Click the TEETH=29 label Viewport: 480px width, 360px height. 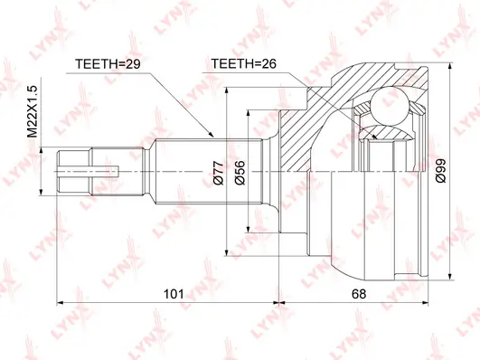point(108,63)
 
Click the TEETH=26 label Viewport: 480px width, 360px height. point(244,63)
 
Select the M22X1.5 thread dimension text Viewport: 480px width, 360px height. point(33,111)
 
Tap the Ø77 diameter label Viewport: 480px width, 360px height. point(219,173)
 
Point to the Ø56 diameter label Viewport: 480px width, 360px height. point(240,173)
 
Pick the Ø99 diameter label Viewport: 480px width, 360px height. point(441,171)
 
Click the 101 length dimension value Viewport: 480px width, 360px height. point(174,294)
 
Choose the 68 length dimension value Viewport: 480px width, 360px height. point(359,294)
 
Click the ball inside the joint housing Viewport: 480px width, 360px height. point(391,107)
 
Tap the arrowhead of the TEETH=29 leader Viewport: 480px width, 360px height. point(211,134)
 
